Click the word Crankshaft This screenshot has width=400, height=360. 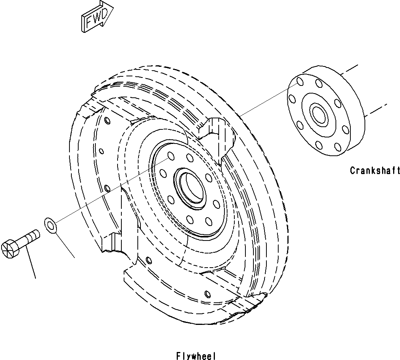[375, 171]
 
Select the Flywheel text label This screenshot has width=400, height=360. [196, 356]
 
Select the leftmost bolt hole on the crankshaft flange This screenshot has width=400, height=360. [292, 99]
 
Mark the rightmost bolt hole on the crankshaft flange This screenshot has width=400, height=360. [345, 129]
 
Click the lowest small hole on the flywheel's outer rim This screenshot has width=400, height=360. [207, 294]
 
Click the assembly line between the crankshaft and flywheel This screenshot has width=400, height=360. [263, 101]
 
